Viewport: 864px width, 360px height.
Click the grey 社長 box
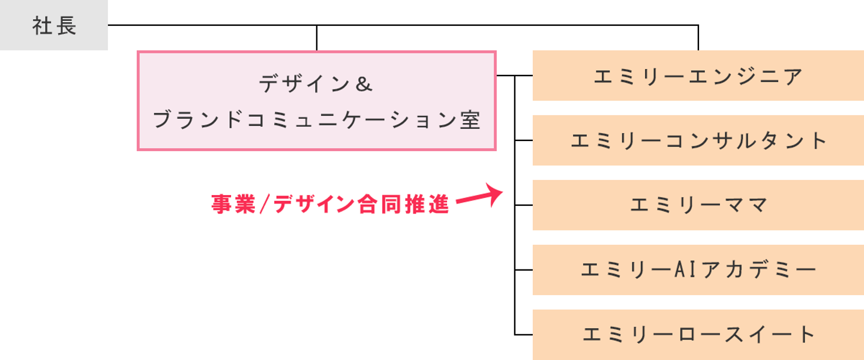53,25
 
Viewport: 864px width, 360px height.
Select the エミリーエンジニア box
698,76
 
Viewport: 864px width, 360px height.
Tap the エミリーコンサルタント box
698,140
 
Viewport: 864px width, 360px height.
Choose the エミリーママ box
698,205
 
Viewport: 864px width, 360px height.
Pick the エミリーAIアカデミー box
698,270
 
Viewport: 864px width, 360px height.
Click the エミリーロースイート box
698,335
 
